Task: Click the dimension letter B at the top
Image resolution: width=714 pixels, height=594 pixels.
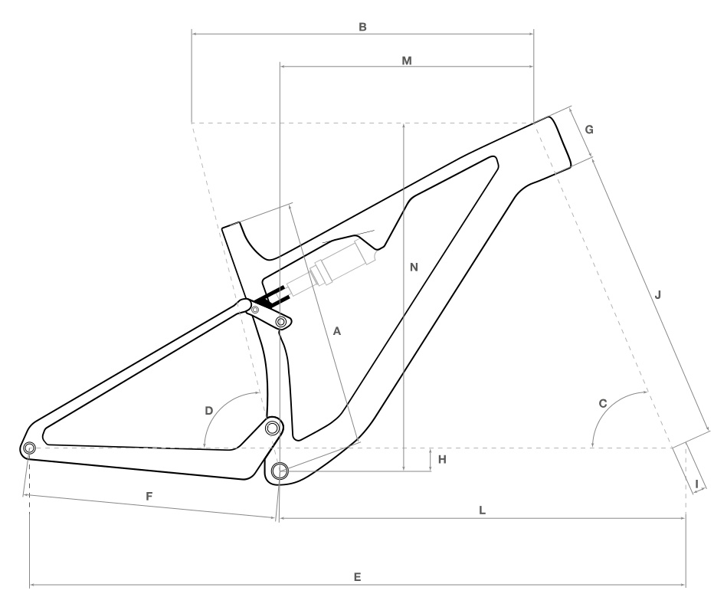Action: tap(362, 27)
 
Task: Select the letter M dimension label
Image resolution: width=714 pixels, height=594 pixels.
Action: tap(407, 61)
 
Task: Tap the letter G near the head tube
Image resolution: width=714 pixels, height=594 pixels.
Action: tap(589, 130)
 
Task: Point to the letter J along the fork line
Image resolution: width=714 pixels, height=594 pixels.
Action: tap(657, 295)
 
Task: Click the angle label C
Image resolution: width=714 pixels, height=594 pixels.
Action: tap(602, 404)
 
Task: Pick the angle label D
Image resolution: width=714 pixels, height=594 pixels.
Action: tap(208, 411)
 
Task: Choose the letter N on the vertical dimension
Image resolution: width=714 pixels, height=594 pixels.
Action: tap(414, 267)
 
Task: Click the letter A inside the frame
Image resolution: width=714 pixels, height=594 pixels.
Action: tap(336, 331)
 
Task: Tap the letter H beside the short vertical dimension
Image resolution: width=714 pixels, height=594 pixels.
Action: tap(442, 460)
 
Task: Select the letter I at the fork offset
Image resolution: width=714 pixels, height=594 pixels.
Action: tap(696, 484)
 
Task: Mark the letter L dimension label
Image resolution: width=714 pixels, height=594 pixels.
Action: tap(482, 510)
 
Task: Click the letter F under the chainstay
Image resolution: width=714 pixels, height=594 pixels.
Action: tap(149, 497)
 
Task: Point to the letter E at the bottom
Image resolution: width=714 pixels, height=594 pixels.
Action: tap(358, 577)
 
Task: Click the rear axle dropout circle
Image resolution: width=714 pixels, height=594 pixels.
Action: tap(29, 448)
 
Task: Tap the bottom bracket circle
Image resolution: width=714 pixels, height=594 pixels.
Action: tap(279, 471)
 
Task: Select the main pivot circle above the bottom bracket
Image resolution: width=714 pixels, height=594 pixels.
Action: tap(272, 428)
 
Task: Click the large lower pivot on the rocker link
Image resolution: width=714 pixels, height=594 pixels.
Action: tap(281, 323)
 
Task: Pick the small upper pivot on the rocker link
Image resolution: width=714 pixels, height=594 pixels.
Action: tap(255, 310)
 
